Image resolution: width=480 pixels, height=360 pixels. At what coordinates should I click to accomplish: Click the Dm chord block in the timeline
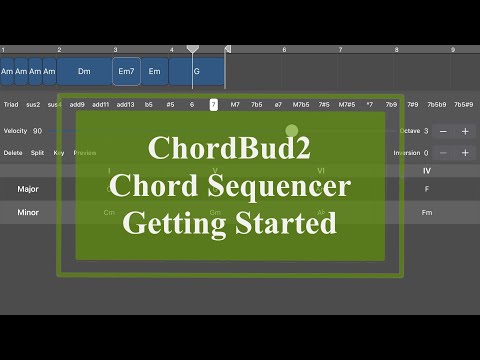(x=85, y=71)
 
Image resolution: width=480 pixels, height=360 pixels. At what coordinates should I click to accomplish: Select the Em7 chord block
(x=126, y=71)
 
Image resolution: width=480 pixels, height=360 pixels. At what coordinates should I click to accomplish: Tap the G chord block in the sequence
(x=196, y=71)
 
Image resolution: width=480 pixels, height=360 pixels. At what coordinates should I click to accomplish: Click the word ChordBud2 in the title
(x=229, y=148)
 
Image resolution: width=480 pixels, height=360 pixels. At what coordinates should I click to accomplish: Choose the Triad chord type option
(x=11, y=104)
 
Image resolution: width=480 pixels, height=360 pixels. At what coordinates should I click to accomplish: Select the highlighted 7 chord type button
(x=213, y=104)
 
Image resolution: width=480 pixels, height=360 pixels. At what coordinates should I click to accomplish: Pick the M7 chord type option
(x=235, y=104)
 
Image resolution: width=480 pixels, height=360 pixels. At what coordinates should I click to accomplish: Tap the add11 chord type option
(x=101, y=104)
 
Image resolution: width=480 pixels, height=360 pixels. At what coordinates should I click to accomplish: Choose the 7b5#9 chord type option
(x=464, y=104)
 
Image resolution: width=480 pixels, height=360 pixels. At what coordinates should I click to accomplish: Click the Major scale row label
(x=29, y=188)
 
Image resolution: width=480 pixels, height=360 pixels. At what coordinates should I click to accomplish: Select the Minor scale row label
(x=29, y=212)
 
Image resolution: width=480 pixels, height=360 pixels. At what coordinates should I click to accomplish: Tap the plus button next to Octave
(x=465, y=131)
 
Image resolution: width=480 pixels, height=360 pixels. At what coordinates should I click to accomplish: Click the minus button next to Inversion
(x=444, y=153)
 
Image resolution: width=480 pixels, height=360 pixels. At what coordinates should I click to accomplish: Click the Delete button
(x=13, y=153)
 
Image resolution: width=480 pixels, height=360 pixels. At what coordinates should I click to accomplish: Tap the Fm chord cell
(x=427, y=212)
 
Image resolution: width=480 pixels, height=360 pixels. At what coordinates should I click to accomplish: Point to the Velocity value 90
(x=37, y=131)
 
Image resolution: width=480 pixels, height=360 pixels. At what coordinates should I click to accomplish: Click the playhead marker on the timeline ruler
(x=193, y=48)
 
